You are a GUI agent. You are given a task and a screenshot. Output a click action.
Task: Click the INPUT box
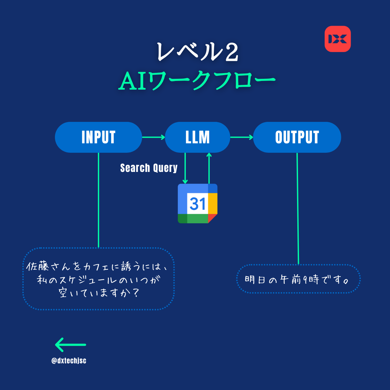coord(98,137)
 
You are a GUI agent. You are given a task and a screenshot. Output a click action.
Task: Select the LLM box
coord(198,137)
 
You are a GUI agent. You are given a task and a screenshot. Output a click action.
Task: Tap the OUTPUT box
coord(297,137)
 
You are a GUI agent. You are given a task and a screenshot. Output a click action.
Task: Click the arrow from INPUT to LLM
coord(154,137)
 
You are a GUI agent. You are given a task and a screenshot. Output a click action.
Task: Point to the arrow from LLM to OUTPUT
coord(242,137)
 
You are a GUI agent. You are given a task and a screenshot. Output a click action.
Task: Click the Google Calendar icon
coord(198,203)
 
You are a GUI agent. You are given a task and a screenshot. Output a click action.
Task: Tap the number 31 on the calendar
coord(198,203)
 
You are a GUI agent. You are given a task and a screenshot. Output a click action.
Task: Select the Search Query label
coord(149,168)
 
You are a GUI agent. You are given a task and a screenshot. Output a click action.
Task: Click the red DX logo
coord(338,39)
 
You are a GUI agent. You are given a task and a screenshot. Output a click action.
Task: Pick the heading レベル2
coord(197,52)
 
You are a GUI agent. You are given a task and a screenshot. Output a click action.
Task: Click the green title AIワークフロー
coord(197,81)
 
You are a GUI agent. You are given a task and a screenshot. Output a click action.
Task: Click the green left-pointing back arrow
coord(71,345)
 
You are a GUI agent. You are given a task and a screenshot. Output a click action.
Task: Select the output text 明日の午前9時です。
coord(297,280)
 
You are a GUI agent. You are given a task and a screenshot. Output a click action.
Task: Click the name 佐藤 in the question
coord(38,266)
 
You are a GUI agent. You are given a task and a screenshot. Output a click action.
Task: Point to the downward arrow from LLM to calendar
coord(185,168)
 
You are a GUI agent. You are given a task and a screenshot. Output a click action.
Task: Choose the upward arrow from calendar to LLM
coord(209,168)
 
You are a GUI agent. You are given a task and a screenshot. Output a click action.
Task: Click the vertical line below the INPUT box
coord(98,200)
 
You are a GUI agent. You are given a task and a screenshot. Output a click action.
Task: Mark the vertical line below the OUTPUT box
coord(298,208)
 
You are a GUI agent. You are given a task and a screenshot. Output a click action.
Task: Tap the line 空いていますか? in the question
coord(99,293)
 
